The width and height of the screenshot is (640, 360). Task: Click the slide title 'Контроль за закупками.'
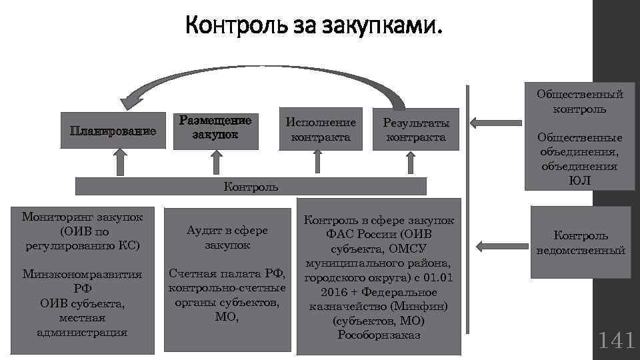pos(313,27)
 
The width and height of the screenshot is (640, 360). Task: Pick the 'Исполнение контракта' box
pos(321,130)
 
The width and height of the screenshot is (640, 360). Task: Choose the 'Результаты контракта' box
pos(416,130)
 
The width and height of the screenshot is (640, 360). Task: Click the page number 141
pos(616,341)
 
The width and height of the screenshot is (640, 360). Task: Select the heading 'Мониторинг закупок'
pos(82,217)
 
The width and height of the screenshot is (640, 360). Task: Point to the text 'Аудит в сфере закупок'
pos(227,237)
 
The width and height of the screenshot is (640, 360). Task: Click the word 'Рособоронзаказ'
pos(379,335)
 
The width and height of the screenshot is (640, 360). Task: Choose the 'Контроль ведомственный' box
pos(580,243)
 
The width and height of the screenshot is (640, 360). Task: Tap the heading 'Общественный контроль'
pos(580,101)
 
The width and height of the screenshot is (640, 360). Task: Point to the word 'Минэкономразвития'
pos(82,274)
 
